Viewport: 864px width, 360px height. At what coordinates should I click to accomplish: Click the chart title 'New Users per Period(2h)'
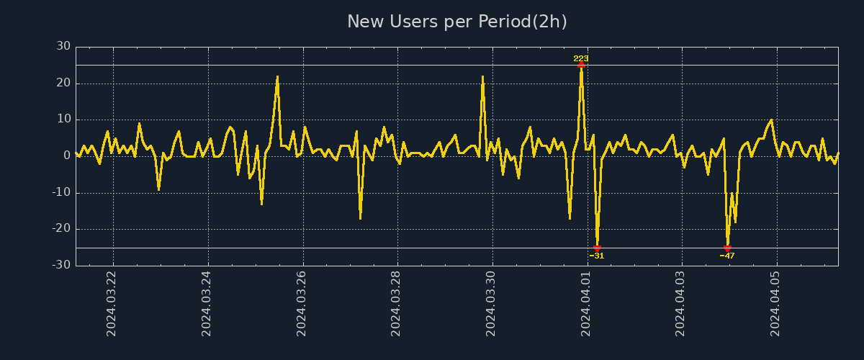457,22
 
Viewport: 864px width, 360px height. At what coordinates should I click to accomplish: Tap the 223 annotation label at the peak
581,58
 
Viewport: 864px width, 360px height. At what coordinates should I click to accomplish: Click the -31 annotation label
597,256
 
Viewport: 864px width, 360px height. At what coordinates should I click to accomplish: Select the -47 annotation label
727,256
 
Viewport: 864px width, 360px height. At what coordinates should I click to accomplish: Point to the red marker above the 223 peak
581,65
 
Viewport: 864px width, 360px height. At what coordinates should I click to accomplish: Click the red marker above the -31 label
597,248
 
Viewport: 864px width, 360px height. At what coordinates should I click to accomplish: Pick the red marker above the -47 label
727,248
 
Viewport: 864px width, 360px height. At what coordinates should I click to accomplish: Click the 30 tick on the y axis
63,47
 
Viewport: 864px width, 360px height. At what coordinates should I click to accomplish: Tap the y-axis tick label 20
63,84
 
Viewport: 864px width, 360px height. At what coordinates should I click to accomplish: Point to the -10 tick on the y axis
61,193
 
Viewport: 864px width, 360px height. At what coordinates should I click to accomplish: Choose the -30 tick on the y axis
61,265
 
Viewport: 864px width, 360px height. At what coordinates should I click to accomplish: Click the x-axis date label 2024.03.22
112,303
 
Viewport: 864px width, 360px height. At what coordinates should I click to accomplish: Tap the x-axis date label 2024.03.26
302,303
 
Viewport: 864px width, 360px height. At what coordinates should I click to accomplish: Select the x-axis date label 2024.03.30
492,303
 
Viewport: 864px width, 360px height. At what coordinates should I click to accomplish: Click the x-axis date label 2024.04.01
587,303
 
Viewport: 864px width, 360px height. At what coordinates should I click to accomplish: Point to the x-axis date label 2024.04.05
776,303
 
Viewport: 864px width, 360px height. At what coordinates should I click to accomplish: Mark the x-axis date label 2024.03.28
397,303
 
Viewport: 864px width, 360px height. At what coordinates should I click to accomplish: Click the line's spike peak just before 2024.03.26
277,77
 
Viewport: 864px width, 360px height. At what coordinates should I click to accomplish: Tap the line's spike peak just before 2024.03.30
482,77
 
